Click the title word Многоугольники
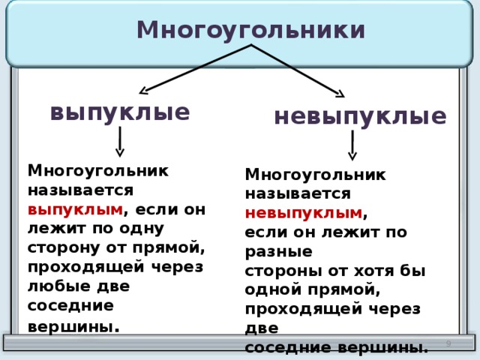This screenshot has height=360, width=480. point(251,29)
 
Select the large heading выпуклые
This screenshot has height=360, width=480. point(119,112)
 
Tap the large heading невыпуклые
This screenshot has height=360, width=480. point(360,116)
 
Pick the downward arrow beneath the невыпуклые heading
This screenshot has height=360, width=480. point(352,145)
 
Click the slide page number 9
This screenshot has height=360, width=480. point(448,343)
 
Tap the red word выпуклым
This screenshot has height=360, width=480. point(75,208)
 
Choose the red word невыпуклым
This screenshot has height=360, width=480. point(303,213)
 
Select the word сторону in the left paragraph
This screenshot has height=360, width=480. point(59,247)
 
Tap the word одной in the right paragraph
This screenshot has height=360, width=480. point(273,290)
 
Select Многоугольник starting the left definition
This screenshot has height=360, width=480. point(97,169)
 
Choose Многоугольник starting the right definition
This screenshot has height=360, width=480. point(315,174)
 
